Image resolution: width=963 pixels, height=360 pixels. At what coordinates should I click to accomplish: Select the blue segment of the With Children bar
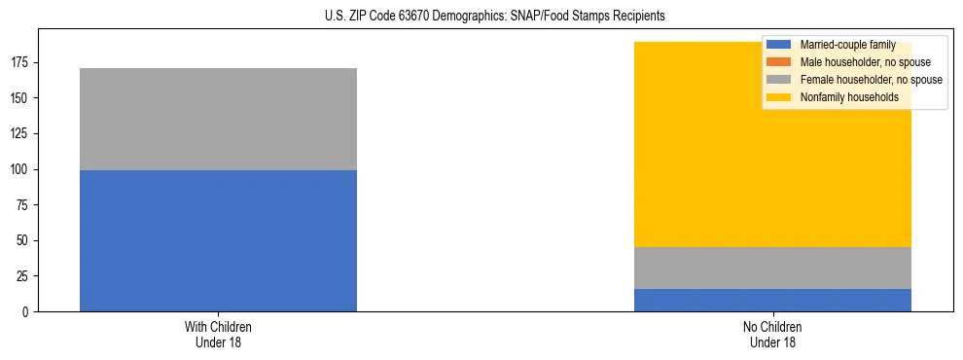(218, 240)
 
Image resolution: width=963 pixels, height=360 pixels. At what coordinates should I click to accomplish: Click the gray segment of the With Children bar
(218, 119)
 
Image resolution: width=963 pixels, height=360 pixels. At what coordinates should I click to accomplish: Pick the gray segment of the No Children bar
(772, 268)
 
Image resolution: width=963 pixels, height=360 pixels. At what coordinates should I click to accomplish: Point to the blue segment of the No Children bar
(772, 300)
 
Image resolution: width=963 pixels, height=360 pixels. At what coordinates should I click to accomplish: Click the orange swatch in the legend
(779, 62)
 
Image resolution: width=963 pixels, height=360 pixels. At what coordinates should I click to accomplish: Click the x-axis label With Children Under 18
(218, 335)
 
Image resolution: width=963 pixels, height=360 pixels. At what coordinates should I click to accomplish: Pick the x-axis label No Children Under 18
(772, 335)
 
